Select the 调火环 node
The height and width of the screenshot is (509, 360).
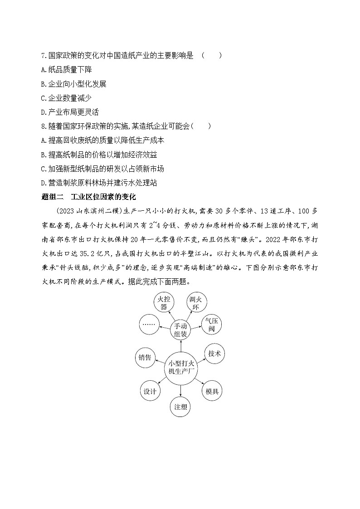coord(198,303)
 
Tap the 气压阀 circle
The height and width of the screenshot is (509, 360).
coord(212,325)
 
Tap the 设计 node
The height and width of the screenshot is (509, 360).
coord(150,391)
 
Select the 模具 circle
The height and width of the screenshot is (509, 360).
coord(212,391)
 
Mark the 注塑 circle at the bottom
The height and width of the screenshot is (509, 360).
coord(180,406)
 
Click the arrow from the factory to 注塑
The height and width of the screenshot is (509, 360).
coord(180,389)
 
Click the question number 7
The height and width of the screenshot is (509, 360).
coord(44,56)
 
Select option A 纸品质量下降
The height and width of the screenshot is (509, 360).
coord(66,70)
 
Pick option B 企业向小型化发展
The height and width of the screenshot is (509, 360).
coord(73,84)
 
